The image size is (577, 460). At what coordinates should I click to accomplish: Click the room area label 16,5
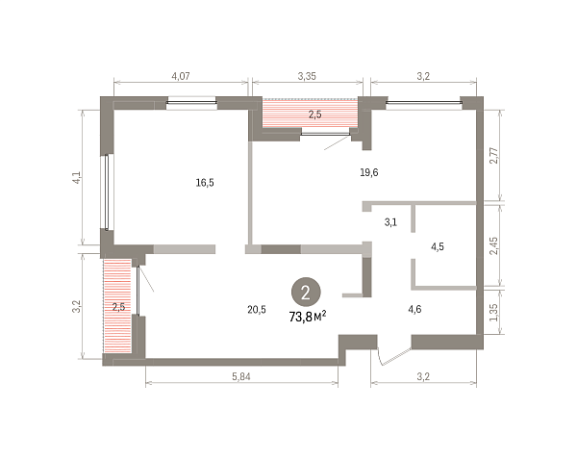click(205, 183)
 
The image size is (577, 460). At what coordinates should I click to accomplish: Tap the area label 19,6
click(369, 172)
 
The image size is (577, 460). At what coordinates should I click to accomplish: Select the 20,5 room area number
click(257, 310)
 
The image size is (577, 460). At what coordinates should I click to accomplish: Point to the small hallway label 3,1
click(390, 222)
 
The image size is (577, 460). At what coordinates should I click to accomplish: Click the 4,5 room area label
click(438, 246)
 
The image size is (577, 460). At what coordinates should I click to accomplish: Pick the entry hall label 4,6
click(414, 309)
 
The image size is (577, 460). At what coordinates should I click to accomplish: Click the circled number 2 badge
click(306, 292)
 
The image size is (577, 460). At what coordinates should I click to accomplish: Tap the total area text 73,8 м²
click(308, 317)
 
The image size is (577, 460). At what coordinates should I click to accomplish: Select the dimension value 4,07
click(181, 76)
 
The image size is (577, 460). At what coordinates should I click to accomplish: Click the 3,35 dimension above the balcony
click(307, 76)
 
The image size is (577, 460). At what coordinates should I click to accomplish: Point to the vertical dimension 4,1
click(77, 177)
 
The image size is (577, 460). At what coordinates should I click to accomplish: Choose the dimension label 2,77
click(494, 156)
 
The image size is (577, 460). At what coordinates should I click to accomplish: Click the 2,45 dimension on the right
click(494, 245)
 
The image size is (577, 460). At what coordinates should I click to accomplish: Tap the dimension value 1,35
click(494, 313)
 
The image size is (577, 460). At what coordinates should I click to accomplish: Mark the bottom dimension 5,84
click(241, 377)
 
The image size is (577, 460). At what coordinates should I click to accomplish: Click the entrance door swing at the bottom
click(392, 356)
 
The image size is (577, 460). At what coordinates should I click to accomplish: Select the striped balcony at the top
click(310, 114)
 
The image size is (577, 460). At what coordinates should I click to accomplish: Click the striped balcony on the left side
click(117, 306)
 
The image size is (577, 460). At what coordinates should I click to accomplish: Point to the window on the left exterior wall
click(107, 192)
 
